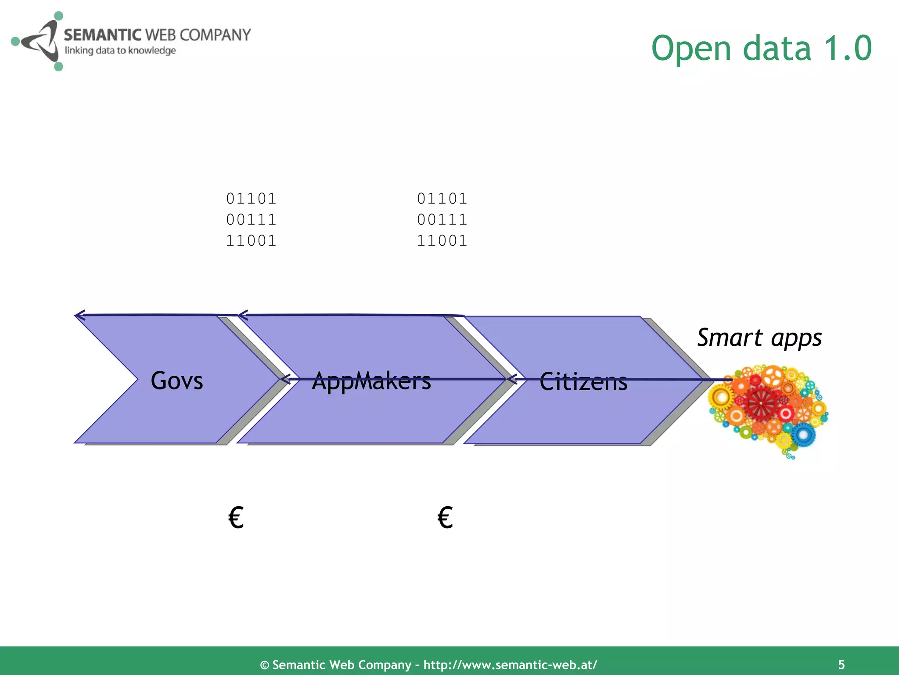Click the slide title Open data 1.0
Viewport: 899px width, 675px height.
pyautogui.click(x=761, y=48)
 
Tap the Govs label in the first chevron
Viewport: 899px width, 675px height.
pyautogui.click(x=177, y=381)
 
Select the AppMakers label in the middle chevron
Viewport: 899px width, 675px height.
pyautogui.click(x=371, y=381)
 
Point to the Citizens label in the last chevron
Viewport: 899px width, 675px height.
pyautogui.click(x=583, y=381)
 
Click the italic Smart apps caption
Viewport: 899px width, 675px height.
pyautogui.click(x=759, y=338)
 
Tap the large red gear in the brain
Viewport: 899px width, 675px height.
pyautogui.click(x=761, y=403)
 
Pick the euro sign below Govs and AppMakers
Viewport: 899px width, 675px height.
pyautogui.click(x=236, y=517)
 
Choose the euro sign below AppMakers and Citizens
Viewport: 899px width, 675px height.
pyautogui.click(x=445, y=517)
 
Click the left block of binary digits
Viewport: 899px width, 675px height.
pyautogui.click(x=251, y=220)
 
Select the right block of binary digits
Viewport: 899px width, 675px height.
pyautogui.click(x=442, y=220)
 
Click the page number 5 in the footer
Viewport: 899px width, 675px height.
pyautogui.click(x=841, y=664)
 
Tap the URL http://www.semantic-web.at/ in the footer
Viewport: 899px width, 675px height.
pyautogui.click(x=510, y=664)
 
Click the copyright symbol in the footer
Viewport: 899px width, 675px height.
pyautogui.click(x=265, y=665)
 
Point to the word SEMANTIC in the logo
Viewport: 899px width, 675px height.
pyautogui.click(x=103, y=35)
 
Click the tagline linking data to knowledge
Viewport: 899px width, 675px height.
pyautogui.click(x=120, y=51)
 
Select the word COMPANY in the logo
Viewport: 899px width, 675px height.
pyautogui.click(x=215, y=35)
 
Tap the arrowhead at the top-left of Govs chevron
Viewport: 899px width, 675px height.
pyautogui.click(x=79, y=315)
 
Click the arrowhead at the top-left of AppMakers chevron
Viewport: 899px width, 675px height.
pyautogui.click(x=242, y=315)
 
